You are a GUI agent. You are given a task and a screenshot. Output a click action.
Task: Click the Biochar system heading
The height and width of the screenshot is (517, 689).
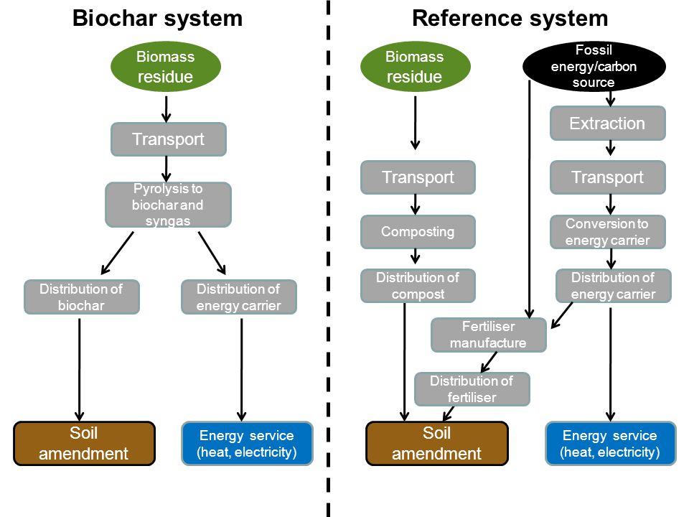(157, 19)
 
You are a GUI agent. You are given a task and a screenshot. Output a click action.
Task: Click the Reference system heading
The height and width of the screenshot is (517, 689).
(510, 19)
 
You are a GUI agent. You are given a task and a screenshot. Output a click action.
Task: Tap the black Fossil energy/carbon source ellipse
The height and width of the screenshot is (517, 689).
(594, 66)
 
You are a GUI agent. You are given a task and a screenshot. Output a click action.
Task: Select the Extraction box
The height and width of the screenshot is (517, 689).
(608, 124)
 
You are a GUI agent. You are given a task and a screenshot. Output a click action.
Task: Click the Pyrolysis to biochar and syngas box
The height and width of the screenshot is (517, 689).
(168, 205)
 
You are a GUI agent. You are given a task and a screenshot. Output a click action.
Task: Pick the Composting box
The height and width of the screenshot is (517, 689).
(418, 232)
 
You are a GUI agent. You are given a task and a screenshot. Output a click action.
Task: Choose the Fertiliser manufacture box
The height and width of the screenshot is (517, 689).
(489, 335)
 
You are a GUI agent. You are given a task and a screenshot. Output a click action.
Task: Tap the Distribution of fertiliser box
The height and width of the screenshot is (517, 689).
(472, 389)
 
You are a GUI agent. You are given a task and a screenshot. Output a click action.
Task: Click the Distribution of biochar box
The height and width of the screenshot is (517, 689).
(82, 297)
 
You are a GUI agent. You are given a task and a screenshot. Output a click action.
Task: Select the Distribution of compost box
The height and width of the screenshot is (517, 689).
(418, 286)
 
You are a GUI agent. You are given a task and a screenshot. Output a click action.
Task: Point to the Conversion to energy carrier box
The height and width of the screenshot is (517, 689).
(608, 232)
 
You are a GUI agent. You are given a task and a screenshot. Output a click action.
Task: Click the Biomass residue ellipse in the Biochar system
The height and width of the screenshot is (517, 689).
(166, 66)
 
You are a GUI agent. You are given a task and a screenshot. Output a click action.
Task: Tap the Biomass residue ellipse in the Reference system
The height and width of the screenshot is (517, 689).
(416, 66)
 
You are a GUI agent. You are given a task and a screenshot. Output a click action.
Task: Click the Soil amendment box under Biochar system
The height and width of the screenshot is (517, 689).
(85, 444)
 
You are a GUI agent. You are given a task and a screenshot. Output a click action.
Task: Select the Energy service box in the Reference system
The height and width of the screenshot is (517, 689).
(610, 444)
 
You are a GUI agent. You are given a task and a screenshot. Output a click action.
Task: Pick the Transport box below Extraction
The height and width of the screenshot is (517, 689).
(608, 177)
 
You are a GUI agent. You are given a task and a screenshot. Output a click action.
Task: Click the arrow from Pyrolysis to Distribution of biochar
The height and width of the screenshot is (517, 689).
(117, 253)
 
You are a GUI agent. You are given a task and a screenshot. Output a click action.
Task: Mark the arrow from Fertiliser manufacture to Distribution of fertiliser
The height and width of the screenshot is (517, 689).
(489, 362)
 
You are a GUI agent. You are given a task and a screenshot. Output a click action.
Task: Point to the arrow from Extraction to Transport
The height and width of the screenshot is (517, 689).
(610, 148)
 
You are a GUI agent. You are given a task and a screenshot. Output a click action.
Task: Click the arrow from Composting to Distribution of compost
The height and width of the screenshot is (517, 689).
(416, 256)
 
